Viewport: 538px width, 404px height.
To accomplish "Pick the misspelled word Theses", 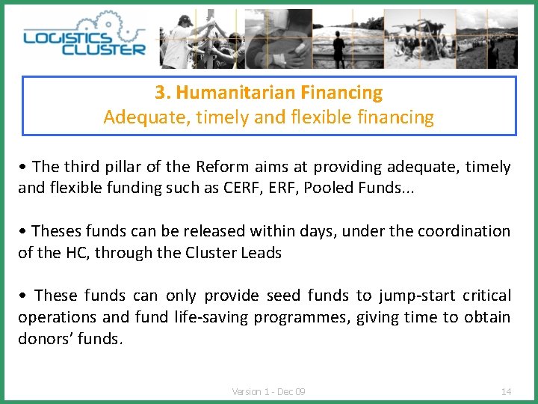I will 58,231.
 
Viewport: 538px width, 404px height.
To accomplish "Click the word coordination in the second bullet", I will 464,231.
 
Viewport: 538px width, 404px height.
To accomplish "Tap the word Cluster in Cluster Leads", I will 214,253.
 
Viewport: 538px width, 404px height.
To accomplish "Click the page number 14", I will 506,391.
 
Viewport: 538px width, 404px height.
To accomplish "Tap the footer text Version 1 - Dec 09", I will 268,391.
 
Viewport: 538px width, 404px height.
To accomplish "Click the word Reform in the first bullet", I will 218,167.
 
